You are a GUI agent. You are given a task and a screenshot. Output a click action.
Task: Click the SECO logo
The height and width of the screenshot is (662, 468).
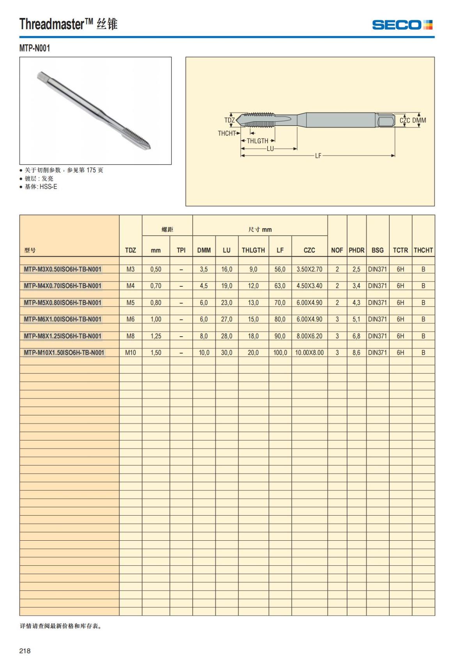tap(402, 25)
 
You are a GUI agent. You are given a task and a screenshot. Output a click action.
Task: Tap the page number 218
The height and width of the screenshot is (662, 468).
tap(25, 651)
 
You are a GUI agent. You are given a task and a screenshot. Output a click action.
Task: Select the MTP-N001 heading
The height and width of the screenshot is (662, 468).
tap(35, 48)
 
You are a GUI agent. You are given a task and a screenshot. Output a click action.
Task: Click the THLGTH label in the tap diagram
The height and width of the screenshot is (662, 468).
tap(257, 141)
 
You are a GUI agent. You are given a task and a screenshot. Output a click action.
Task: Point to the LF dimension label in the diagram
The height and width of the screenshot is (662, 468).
tap(318, 156)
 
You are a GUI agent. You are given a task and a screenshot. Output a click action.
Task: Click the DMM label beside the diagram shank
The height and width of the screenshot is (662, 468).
tap(419, 121)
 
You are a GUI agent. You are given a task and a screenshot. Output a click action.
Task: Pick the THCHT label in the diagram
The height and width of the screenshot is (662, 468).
tap(227, 133)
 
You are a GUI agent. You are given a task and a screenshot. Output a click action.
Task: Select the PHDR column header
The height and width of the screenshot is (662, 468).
tap(356, 250)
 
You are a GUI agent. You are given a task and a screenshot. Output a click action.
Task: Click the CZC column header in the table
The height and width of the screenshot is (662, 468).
tap(309, 250)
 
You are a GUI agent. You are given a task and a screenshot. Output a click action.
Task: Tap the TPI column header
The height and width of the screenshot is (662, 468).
tap(181, 250)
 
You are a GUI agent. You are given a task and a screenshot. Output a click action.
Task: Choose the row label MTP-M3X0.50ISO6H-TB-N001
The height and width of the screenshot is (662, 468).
tap(62, 269)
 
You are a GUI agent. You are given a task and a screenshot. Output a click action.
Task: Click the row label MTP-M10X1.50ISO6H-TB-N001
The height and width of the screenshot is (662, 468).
tap(64, 353)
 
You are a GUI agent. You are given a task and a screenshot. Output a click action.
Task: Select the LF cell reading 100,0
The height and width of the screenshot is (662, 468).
tap(280, 353)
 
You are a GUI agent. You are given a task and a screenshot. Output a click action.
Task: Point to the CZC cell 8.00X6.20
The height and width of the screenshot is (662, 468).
tap(309, 336)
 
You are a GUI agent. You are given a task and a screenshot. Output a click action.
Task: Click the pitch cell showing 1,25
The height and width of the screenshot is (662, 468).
tap(156, 336)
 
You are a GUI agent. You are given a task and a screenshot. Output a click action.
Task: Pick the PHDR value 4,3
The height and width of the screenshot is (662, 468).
tap(356, 303)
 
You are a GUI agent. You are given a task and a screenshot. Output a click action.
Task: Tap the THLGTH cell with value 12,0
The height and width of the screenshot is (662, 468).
tap(253, 286)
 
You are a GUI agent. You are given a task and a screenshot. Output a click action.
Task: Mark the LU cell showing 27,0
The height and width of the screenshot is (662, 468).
tap(227, 319)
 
